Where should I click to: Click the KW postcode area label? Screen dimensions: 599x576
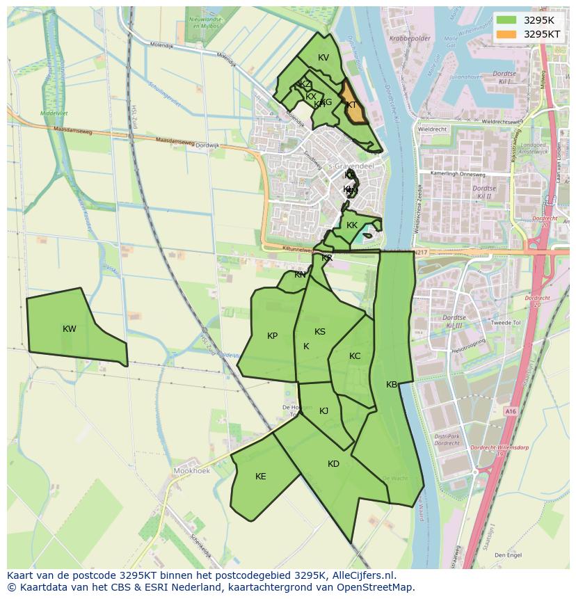click(69, 329)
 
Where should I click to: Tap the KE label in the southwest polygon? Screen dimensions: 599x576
click(260, 477)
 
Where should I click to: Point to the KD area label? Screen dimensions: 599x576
click(333, 464)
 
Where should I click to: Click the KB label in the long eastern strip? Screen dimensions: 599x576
click(392, 385)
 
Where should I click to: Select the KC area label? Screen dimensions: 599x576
click(355, 356)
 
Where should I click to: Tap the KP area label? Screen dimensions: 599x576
click(272, 336)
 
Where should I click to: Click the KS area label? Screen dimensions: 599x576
click(319, 332)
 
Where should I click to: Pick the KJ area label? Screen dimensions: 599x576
click(323, 411)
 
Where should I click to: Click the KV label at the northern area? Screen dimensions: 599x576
click(323, 58)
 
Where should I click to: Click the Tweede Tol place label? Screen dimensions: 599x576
click(506, 323)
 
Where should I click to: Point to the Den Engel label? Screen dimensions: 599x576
click(508, 555)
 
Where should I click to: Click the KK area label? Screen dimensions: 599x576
click(352, 225)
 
